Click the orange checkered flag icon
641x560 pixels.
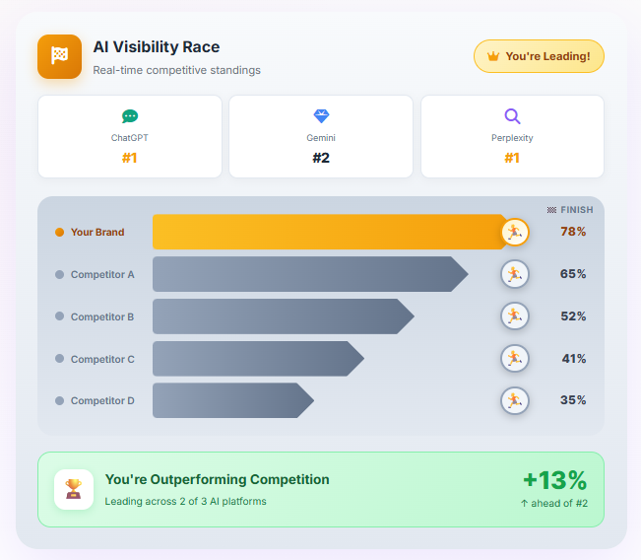tap(59, 56)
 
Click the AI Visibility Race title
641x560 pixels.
tap(156, 47)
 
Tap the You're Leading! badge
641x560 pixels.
tap(539, 56)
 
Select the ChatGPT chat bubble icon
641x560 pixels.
tap(130, 116)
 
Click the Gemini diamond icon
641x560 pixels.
tap(321, 116)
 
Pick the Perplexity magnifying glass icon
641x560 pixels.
tap(512, 116)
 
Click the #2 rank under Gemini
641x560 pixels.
tap(321, 158)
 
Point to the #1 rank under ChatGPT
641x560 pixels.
tap(130, 158)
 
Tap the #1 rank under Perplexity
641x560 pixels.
tap(512, 158)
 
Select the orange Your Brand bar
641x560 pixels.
tap(328, 232)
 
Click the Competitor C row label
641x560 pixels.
tap(102, 359)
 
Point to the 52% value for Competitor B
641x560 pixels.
tap(573, 316)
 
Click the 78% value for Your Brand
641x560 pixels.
tap(573, 232)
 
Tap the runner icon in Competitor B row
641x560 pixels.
tap(514, 316)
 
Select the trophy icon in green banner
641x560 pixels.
tap(74, 489)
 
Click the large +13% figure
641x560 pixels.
tap(554, 480)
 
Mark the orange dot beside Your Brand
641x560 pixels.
tap(59, 233)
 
